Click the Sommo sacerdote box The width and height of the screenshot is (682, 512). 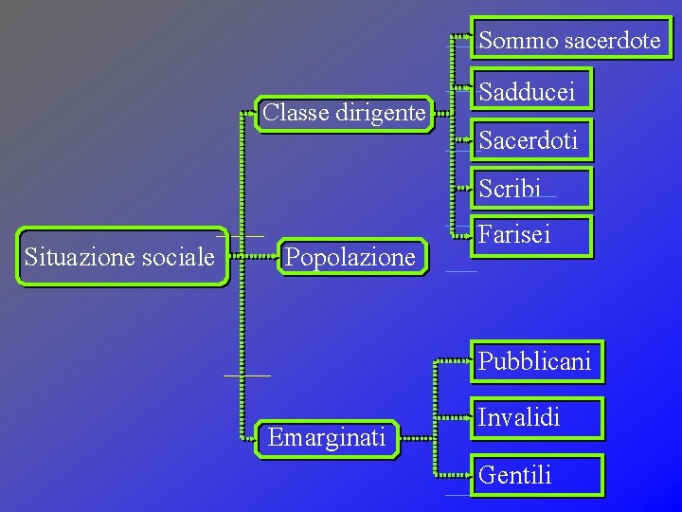tap(569, 41)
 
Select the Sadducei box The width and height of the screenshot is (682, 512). tap(533, 91)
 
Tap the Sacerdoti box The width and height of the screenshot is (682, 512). tap(534, 141)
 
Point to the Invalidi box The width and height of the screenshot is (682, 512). tap(536, 419)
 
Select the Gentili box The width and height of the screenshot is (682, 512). tap(536, 475)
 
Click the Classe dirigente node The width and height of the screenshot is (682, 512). tap(343, 114)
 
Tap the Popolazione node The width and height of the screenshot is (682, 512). tap(350, 257)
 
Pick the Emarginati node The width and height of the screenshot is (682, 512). tap(327, 438)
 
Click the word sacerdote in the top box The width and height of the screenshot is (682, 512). tap(612, 41)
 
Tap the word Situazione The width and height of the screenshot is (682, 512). tap(81, 257)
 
